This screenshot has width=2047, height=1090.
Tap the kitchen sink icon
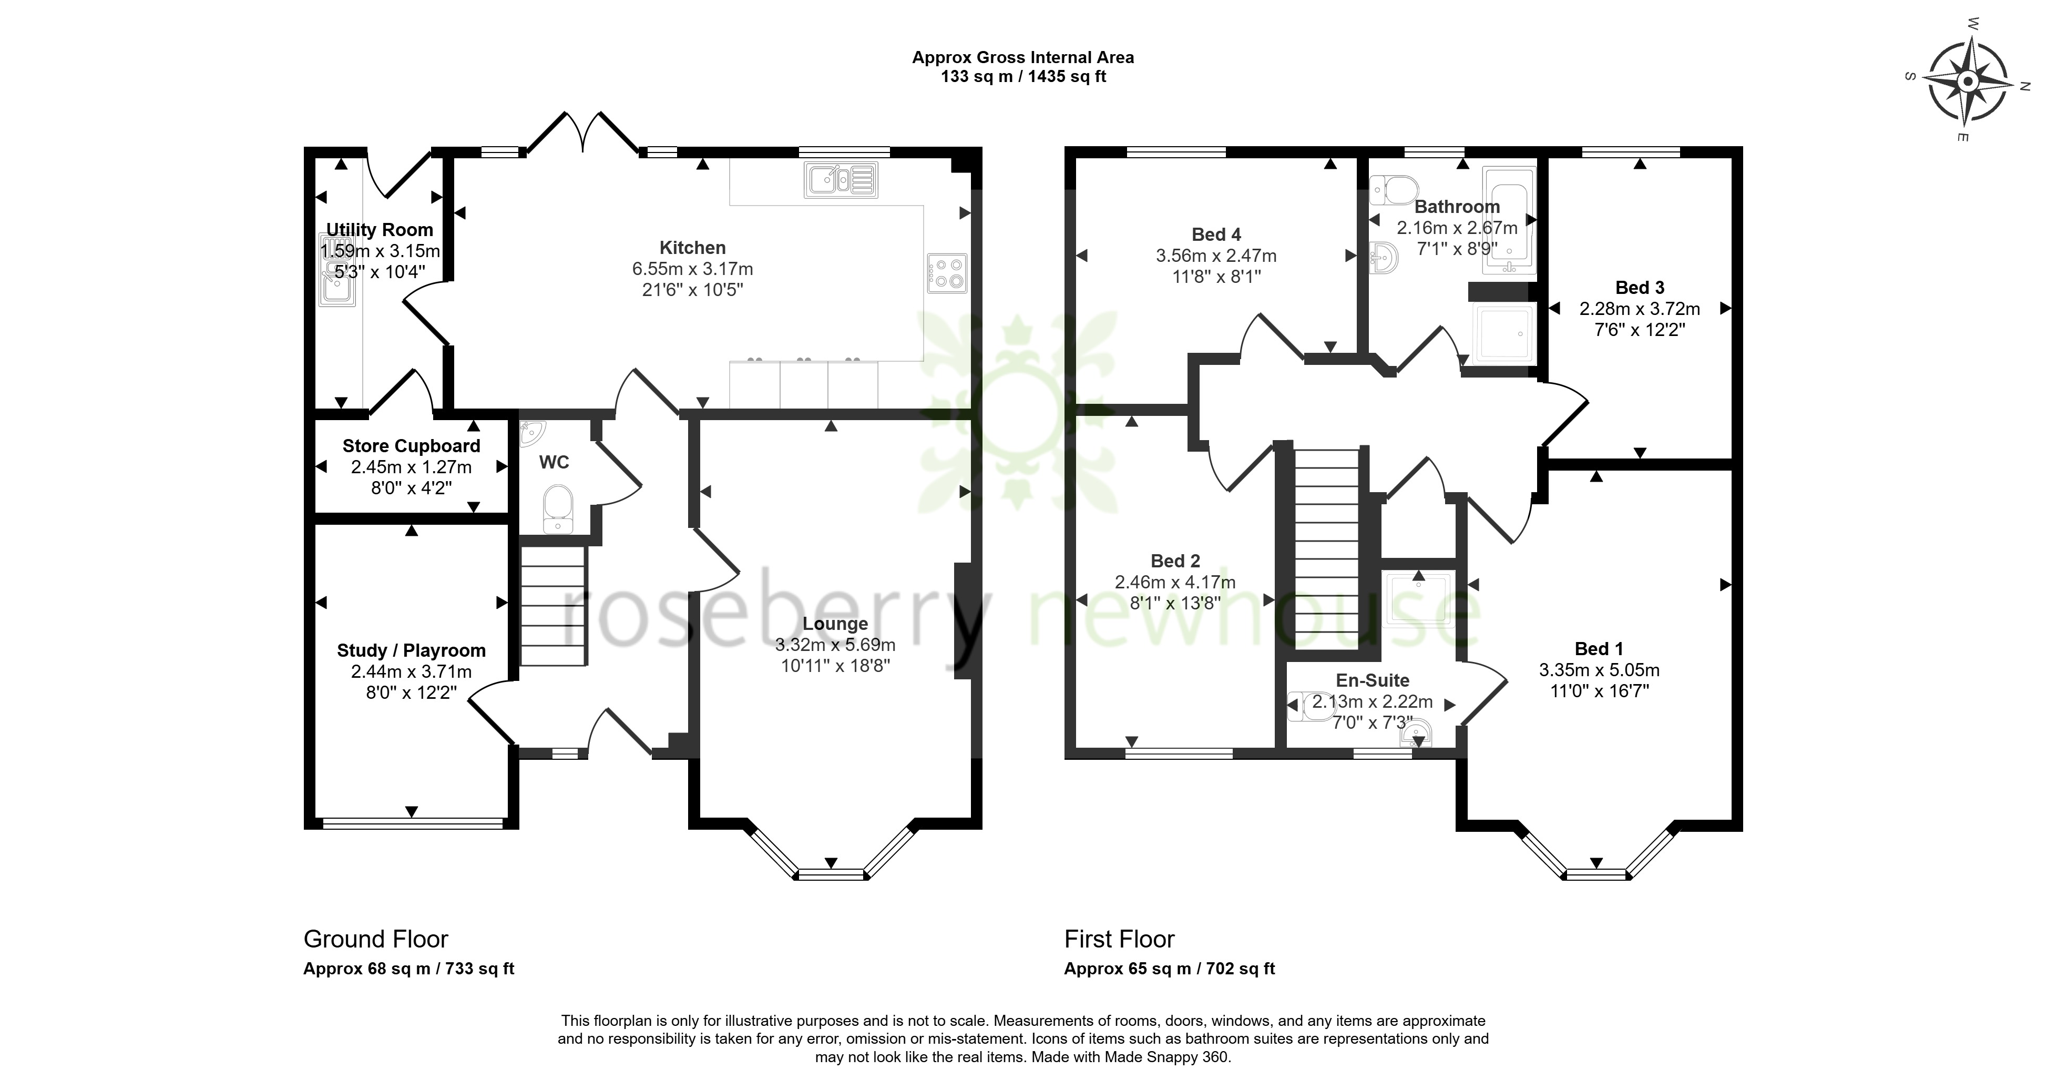point(841,180)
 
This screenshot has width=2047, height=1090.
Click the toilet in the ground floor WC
point(558,510)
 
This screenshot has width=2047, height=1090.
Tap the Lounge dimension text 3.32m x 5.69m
point(835,645)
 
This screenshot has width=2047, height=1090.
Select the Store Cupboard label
point(412,446)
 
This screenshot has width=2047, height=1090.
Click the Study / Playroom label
point(411,650)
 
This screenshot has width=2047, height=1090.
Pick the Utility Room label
point(380,230)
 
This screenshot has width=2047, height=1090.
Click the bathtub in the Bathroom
point(1510,220)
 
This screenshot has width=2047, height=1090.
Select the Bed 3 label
point(1640,288)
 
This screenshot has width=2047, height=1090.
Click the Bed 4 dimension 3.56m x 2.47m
point(1216,256)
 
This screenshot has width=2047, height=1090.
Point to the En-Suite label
point(1373,680)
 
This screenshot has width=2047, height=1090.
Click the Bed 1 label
point(1599,649)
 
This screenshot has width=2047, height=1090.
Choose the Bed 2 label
point(1175,561)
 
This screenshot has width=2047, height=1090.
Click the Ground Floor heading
point(376,939)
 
